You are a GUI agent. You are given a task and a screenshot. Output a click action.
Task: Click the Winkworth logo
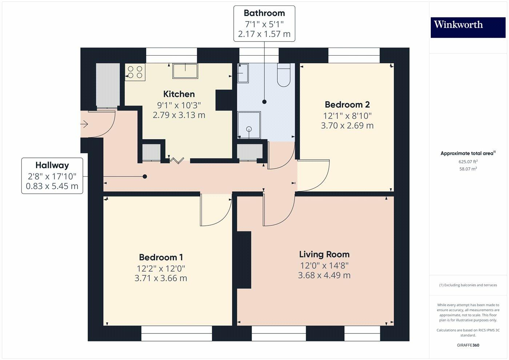pyautogui.click(x=468, y=27)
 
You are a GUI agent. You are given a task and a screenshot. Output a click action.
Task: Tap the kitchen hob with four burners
pyautogui.click(x=135, y=72)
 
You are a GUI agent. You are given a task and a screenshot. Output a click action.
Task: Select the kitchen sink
pyautogui.click(x=185, y=71)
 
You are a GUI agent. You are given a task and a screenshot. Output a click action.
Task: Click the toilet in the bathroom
pyautogui.click(x=284, y=76)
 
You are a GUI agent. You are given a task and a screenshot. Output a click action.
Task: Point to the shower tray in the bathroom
pyautogui.click(x=249, y=125)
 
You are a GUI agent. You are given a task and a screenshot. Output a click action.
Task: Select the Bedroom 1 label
pyautogui.click(x=161, y=257)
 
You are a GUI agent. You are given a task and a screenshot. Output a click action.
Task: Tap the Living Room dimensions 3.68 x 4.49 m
pyautogui.click(x=324, y=275)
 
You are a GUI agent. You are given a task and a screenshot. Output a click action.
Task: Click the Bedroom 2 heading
pyautogui.click(x=347, y=105)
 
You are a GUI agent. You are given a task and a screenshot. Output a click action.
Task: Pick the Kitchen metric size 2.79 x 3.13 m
pyautogui.click(x=179, y=115)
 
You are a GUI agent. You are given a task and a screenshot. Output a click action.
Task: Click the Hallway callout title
pyautogui.click(x=52, y=165)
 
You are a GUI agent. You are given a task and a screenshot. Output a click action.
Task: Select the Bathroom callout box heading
pyautogui.click(x=264, y=13)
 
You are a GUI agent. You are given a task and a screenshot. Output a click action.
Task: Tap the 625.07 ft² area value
pyautogui.click(x=468, y=162)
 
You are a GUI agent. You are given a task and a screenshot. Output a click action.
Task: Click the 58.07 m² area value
pyautogui.click(x=468, y=169)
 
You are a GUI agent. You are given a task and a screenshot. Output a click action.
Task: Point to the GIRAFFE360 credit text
pyautogui.click(x=468, y=345)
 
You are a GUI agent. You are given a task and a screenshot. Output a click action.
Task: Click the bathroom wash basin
pyautogui.click(x=243, y=73)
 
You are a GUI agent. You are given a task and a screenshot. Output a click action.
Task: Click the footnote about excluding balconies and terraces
pyautogui.click(x=468, y=285)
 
